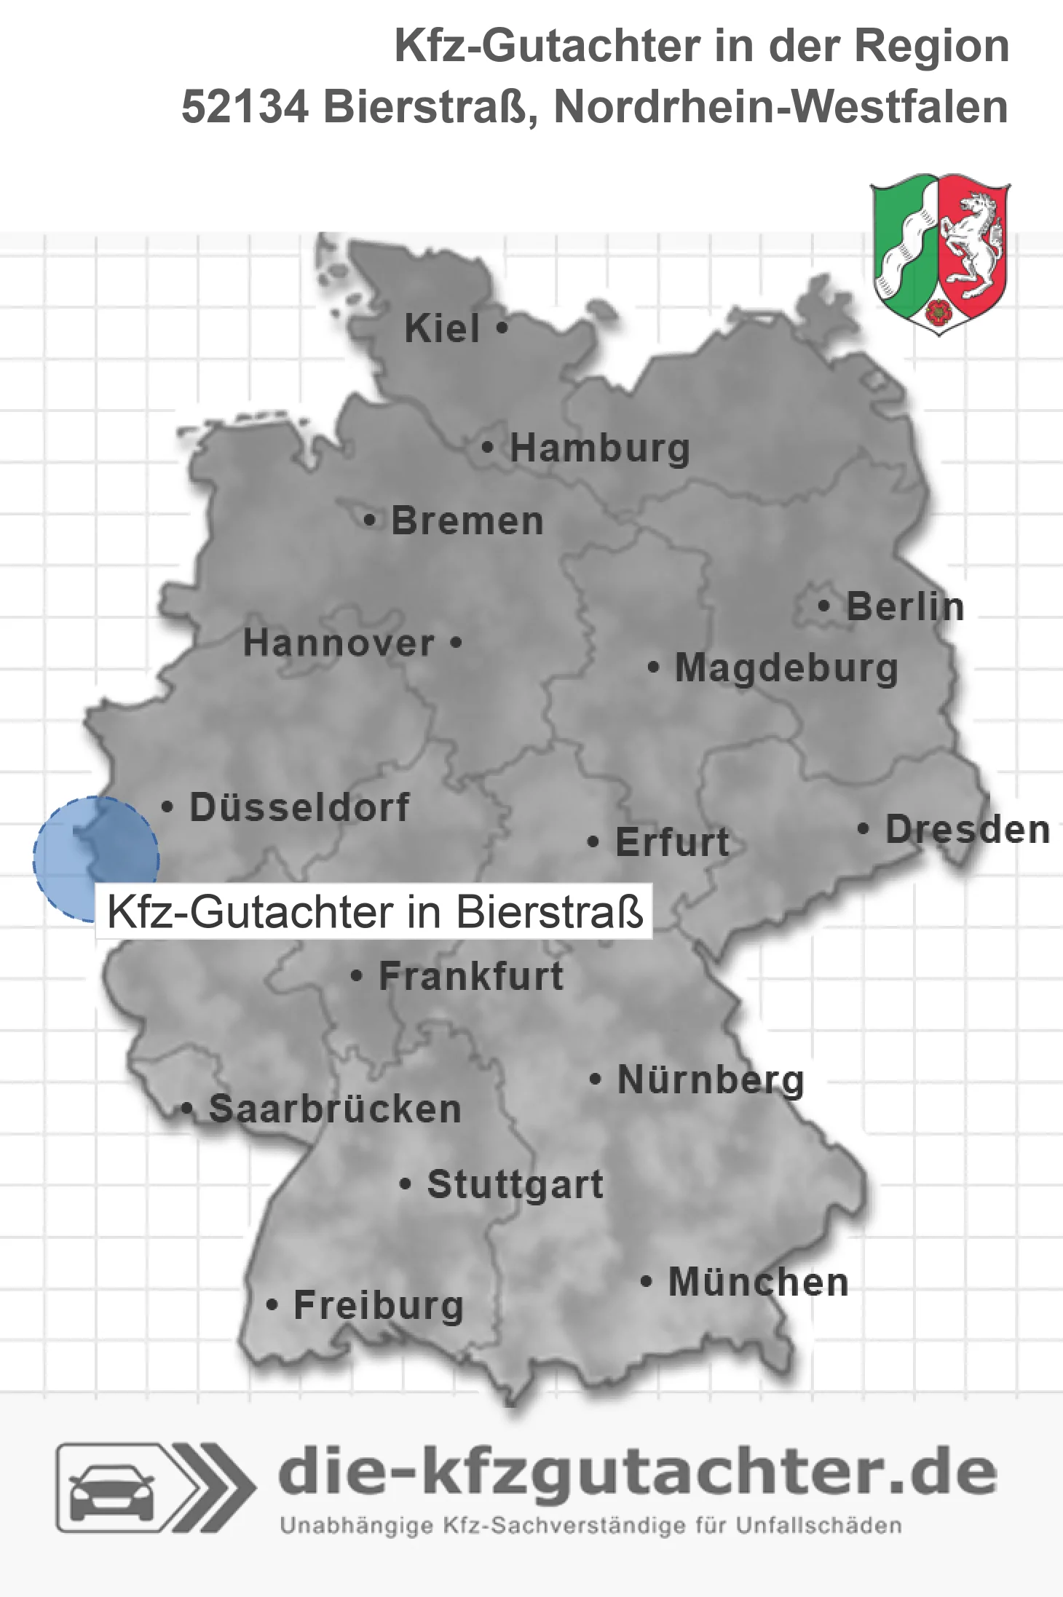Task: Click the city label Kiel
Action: (442, 328)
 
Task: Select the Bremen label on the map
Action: (467, 521)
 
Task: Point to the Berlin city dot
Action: (823, 606)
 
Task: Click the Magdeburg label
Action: (786, 668)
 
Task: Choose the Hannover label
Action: (339, 643)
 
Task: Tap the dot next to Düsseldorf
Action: (167, 807)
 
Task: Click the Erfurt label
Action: (672, 842)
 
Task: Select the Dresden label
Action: (968, 829)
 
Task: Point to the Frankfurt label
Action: (471, 976)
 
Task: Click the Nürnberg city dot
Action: (596, 1079)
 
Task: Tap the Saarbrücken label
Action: (335, 1109)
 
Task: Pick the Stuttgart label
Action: (515, 1184)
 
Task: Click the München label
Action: (759, 1282)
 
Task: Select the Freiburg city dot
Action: (272, 1305)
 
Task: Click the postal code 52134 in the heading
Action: (245, 107)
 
